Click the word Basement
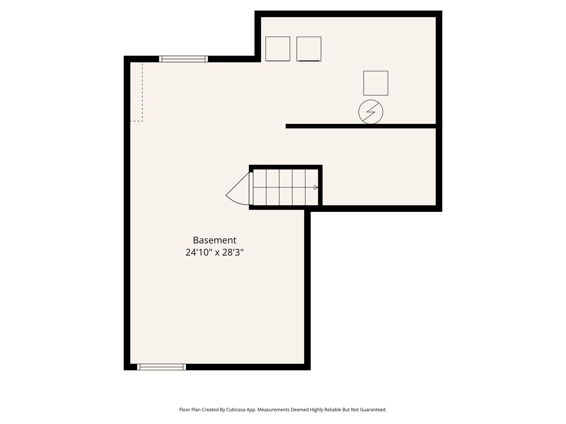pos(214,240)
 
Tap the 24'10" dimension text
pos(199,253)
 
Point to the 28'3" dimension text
pos(233,253)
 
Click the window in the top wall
pos(183,59)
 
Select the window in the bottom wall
pos(161,367)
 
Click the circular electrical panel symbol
pos(371,112)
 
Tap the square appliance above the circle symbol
pos(376,83)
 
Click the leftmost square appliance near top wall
pos(278,49)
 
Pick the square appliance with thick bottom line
pos(309,49)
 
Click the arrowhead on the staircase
pos(316,187)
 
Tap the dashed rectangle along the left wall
pos(136,92)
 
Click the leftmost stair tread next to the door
pos(259,187)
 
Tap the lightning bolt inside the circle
pos(371,112)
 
